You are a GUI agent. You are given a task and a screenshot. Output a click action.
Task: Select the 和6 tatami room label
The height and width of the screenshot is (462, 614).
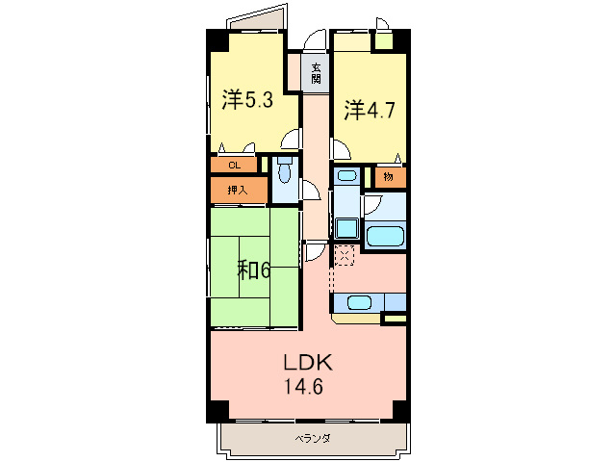pos(253,270)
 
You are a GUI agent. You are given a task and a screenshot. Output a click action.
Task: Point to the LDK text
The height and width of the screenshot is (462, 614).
pos(307,363)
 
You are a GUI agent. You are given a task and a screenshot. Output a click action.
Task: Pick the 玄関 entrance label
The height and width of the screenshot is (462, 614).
pos(316,73)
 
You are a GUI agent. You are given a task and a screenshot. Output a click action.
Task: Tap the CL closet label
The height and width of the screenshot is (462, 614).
pos(234,166)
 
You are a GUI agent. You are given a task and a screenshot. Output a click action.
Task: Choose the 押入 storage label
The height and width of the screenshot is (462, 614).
pos(237,191)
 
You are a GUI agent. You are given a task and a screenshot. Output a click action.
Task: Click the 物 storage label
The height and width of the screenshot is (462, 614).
pos(388,177)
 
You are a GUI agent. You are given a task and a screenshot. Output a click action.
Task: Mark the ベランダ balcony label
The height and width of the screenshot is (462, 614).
pos(312,439)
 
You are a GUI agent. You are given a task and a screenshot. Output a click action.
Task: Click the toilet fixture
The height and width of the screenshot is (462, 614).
pos(284,172)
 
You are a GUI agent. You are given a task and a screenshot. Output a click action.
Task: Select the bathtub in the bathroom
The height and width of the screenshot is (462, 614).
pos(386,236)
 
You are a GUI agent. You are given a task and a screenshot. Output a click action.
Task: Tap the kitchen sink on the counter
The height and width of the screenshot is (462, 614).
pos(359,302)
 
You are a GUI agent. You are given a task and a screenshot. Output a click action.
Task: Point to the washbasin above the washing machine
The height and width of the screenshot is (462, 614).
pos(346,177)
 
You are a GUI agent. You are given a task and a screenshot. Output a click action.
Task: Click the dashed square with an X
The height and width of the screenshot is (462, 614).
pos(345,254)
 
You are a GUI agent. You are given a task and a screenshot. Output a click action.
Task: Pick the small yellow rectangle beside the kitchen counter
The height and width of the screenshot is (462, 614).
pos(395,317)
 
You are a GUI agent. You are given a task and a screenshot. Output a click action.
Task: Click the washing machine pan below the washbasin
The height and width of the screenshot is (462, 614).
pos(346,230)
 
